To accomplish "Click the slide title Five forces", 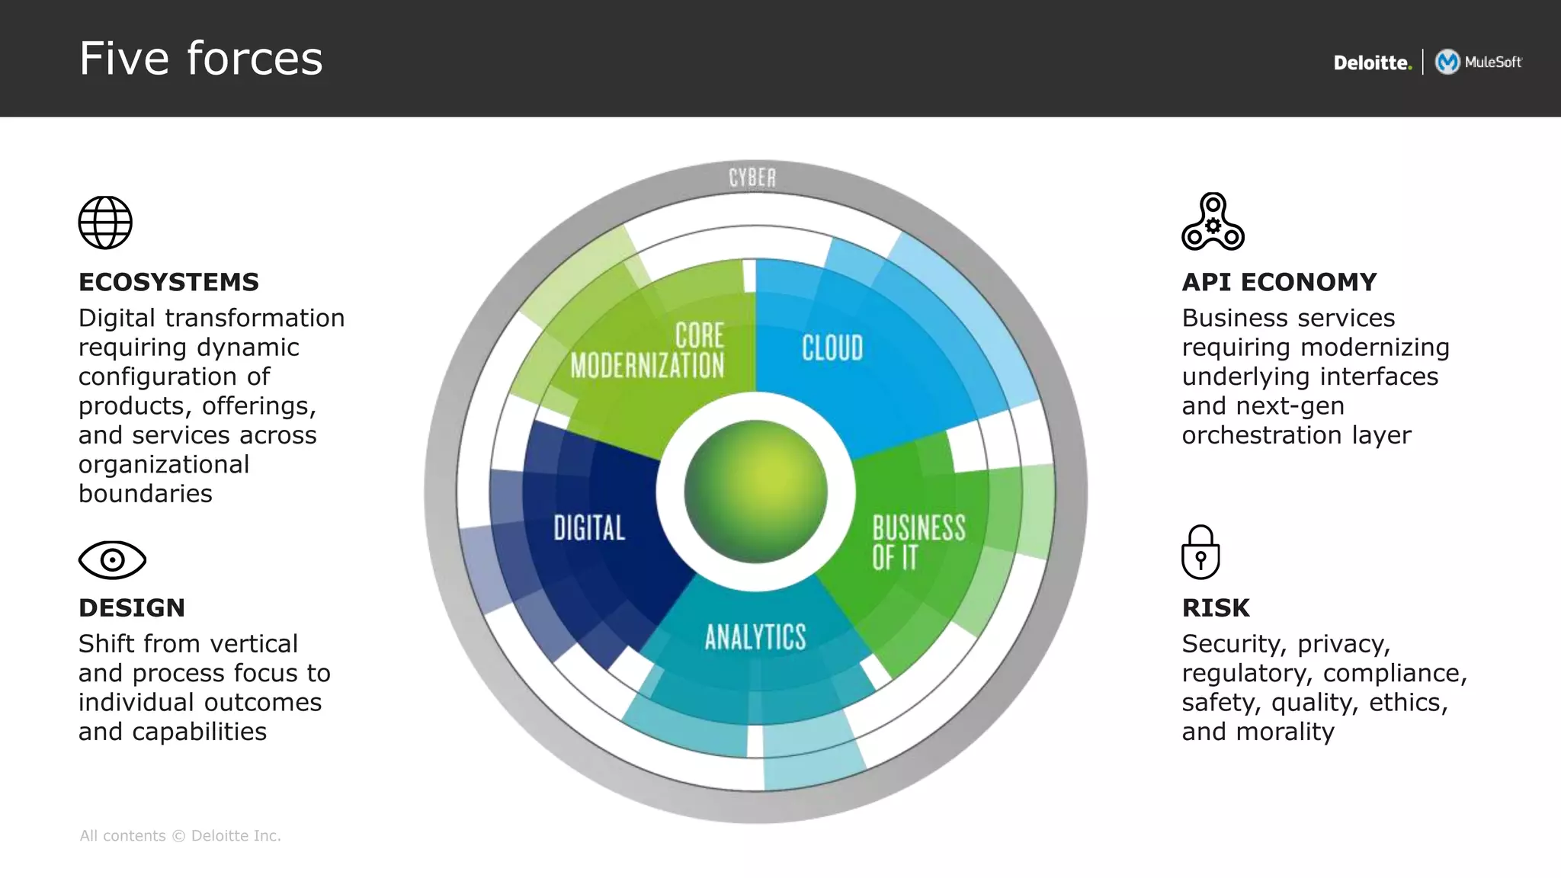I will pyautogui.click(x=201, y=59).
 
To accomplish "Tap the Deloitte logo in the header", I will pyautogui.click(x=1372, y=62).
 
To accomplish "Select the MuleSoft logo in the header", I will pyautogui.click(x=1479, y=62).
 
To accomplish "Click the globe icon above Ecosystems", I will pyautogui.click(x=105, y=223).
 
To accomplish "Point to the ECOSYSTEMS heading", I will pyautogui.click(x=168, y=282).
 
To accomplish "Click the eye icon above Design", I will pyautogui.click(x=112, y=560).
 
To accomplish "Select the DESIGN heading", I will pyautogui.click(x=132, y=607).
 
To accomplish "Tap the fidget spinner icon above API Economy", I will pyautogui.click(x=1213, y=222).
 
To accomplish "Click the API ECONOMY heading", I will pyautogui.click(x=1279, y=282).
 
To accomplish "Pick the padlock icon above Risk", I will pyautogui.click(x=1200, y=553).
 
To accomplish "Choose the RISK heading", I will pyautogui.click(x=1216, y=607).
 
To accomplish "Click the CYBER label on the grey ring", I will pyautogui.click(x=752, y=178).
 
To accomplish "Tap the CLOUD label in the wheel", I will pyautogui.click(x=832, y=348).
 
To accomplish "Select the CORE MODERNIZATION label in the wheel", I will pyautogui.click(x=648, y=351).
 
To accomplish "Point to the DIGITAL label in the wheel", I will pyautogui.click(x=589, y=527).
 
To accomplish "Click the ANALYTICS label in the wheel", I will pyautogui.click(x=755, y=637).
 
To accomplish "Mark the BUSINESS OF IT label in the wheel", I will pyautogui.click(x=918, y=542).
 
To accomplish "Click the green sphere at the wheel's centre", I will pyautogui.click(x=755, y=492).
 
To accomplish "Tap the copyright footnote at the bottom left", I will pyautogui.click(x=181, y=836).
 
